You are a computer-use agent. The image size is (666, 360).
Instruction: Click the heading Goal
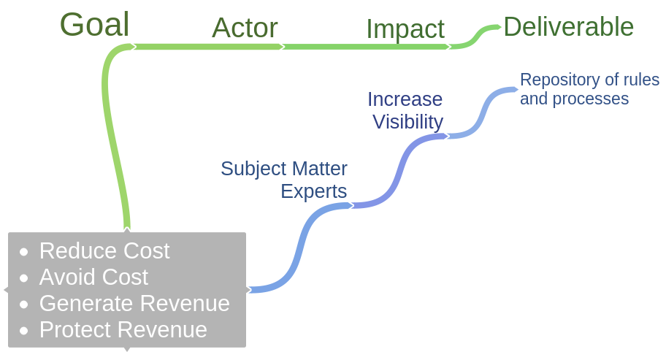click(x=94, y=25)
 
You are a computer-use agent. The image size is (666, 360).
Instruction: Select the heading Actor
click(x=245, y=28)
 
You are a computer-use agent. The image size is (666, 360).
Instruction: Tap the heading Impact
click(x=405, y=29)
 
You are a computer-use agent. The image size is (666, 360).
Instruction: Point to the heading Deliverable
click(x=568, y=27)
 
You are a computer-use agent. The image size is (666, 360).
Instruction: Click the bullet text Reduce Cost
click(x=104, y=250)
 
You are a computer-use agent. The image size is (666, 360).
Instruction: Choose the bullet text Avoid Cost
click(x=93, y=277)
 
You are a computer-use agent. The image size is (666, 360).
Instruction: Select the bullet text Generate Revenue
click(x=134, y=303)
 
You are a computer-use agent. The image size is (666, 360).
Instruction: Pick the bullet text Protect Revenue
click(x=123, y=329)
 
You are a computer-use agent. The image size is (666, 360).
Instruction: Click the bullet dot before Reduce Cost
click(x=24, y=252)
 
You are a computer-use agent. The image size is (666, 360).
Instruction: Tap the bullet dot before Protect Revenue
click(x=24, y=331)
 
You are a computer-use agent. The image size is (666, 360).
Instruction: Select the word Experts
click(x=314, y=191)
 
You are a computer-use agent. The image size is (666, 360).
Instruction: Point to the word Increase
click(x=405, y=99)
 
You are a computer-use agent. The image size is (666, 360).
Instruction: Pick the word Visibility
click(x=407, y=121)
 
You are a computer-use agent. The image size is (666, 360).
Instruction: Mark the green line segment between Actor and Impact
click(x=365, y=47)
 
